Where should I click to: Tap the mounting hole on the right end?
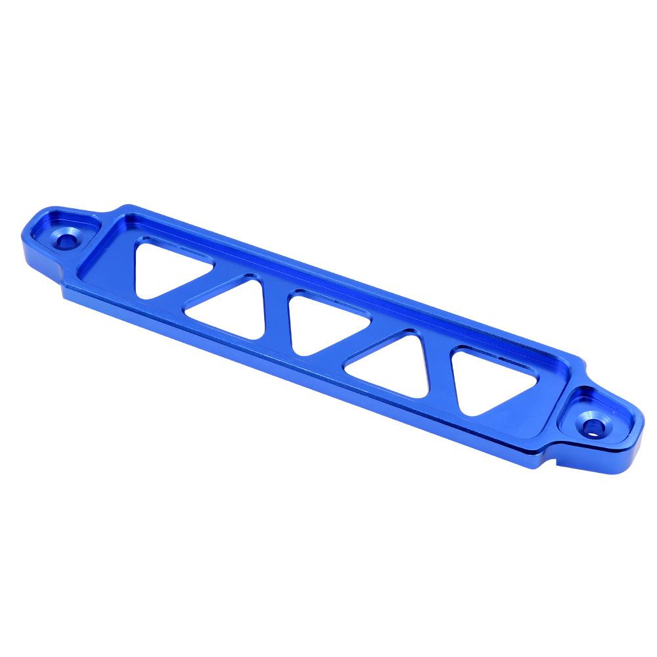tap(593, 425)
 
